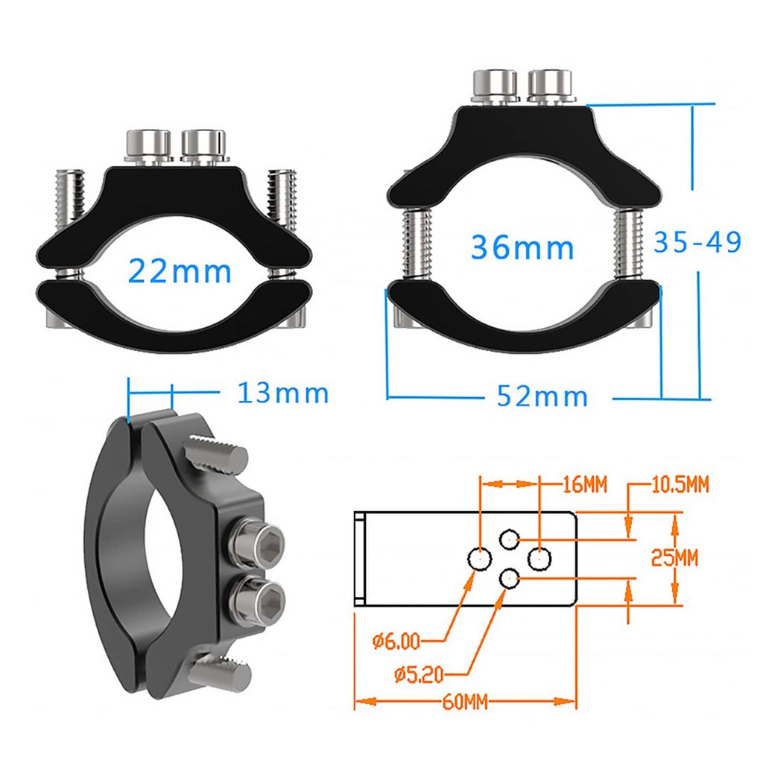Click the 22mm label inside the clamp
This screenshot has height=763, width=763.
pyautogui.click(x=180, y=271)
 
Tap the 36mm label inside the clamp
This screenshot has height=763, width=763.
pyautogui.click(x=523, y=247)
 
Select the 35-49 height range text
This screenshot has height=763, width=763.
pyautogui.click(x=697, y=242)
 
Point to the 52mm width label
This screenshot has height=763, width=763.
pyautogui.click(x=542, y=396)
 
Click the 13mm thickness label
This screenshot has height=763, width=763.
pyautogui.click(x=282, y=393)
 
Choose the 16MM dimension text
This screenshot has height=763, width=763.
pyautogui.click(x=584, y=486)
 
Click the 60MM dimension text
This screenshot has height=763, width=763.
pyautogui.click(x=466, y=701)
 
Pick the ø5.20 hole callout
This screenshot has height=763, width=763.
pyautogui.click(x=419, y=674)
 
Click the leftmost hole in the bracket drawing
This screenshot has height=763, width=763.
pyautogui.click(x=479, y=557)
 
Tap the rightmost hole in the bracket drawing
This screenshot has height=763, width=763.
pyautogui.click(x=539, y=557)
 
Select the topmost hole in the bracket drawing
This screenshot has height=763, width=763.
pyautogui.click(x=509, y=538)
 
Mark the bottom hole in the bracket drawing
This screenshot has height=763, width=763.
pyautogui.click(x=509, y=576)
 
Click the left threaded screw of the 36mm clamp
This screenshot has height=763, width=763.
pyautogui.click(x=414, y=244)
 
